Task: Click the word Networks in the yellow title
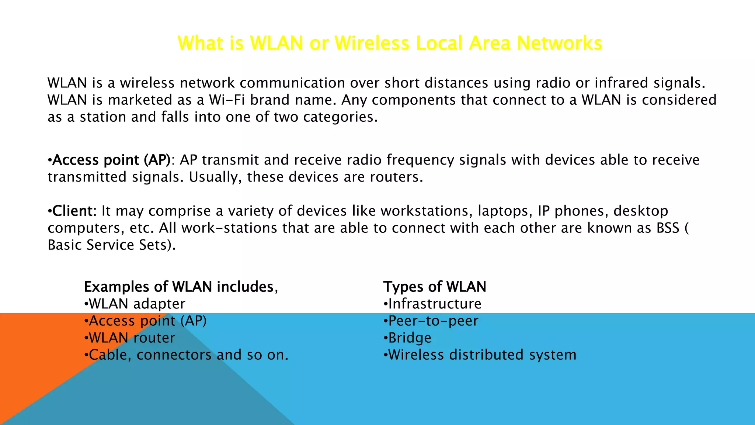(x=559, y=43)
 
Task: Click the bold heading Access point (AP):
(x=111, y=160)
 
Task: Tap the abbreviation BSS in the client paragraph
(x=668, y=228)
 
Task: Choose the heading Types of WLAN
(x=435, y=287)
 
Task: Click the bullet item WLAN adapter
(x=137, y=304)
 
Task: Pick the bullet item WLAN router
(x=132, y=338)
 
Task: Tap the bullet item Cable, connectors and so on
(x=188, y=355)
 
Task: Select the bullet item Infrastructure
(x=434, y=304)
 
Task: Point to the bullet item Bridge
(x=409, y=338)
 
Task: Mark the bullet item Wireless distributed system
(x=482, y=355)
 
